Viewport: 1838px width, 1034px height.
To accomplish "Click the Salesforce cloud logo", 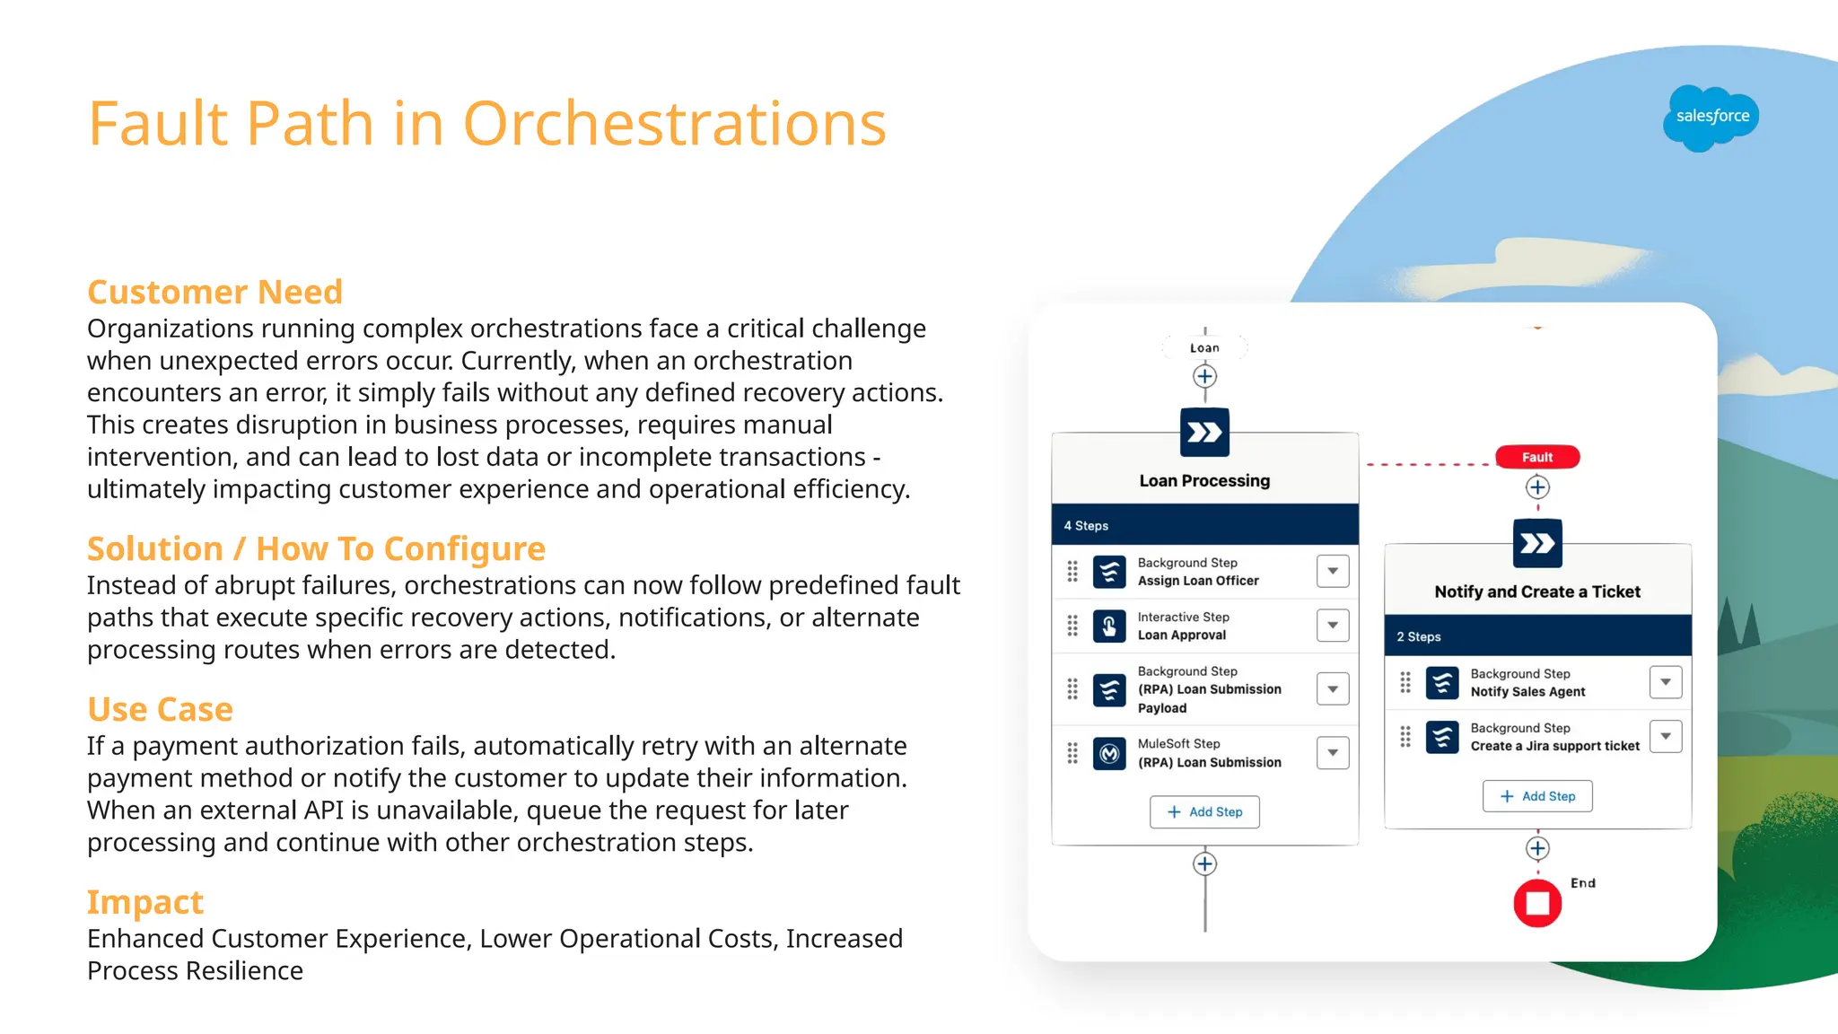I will (1711, 118).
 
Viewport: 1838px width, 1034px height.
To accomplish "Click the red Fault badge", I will (1536, 457).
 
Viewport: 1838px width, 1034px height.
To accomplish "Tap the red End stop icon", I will (1536, 902).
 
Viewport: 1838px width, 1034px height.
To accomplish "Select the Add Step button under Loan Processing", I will (1204, 811).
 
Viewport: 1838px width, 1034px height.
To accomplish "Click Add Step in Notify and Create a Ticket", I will (1536, 796).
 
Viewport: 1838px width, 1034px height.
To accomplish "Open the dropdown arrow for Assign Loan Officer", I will (1333, 571).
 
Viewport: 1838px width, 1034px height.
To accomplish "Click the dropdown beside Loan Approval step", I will (1333, 626).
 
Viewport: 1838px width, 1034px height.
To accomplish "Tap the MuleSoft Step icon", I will (1109, 753).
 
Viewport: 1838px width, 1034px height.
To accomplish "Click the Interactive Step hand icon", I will (1109, 626).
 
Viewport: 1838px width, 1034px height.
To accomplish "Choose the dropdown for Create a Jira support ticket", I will (1665, 737).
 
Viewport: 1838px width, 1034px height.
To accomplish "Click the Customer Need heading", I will (214, 292).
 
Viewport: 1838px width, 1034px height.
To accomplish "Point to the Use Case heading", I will (160, 709).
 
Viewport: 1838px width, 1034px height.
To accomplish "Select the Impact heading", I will (145, 902).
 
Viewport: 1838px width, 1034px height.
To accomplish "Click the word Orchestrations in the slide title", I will (674, 123).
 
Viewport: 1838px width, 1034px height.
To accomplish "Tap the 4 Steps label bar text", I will (1086, 526).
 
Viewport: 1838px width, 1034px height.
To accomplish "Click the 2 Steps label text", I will (1418, 636).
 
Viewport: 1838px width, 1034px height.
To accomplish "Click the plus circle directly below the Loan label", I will (1204, 376).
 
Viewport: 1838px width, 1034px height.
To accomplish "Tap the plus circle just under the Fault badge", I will (1536, 487).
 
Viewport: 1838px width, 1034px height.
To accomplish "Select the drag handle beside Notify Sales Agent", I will (1405, 683).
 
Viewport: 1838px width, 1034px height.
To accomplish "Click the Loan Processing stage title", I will (1204, 481).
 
